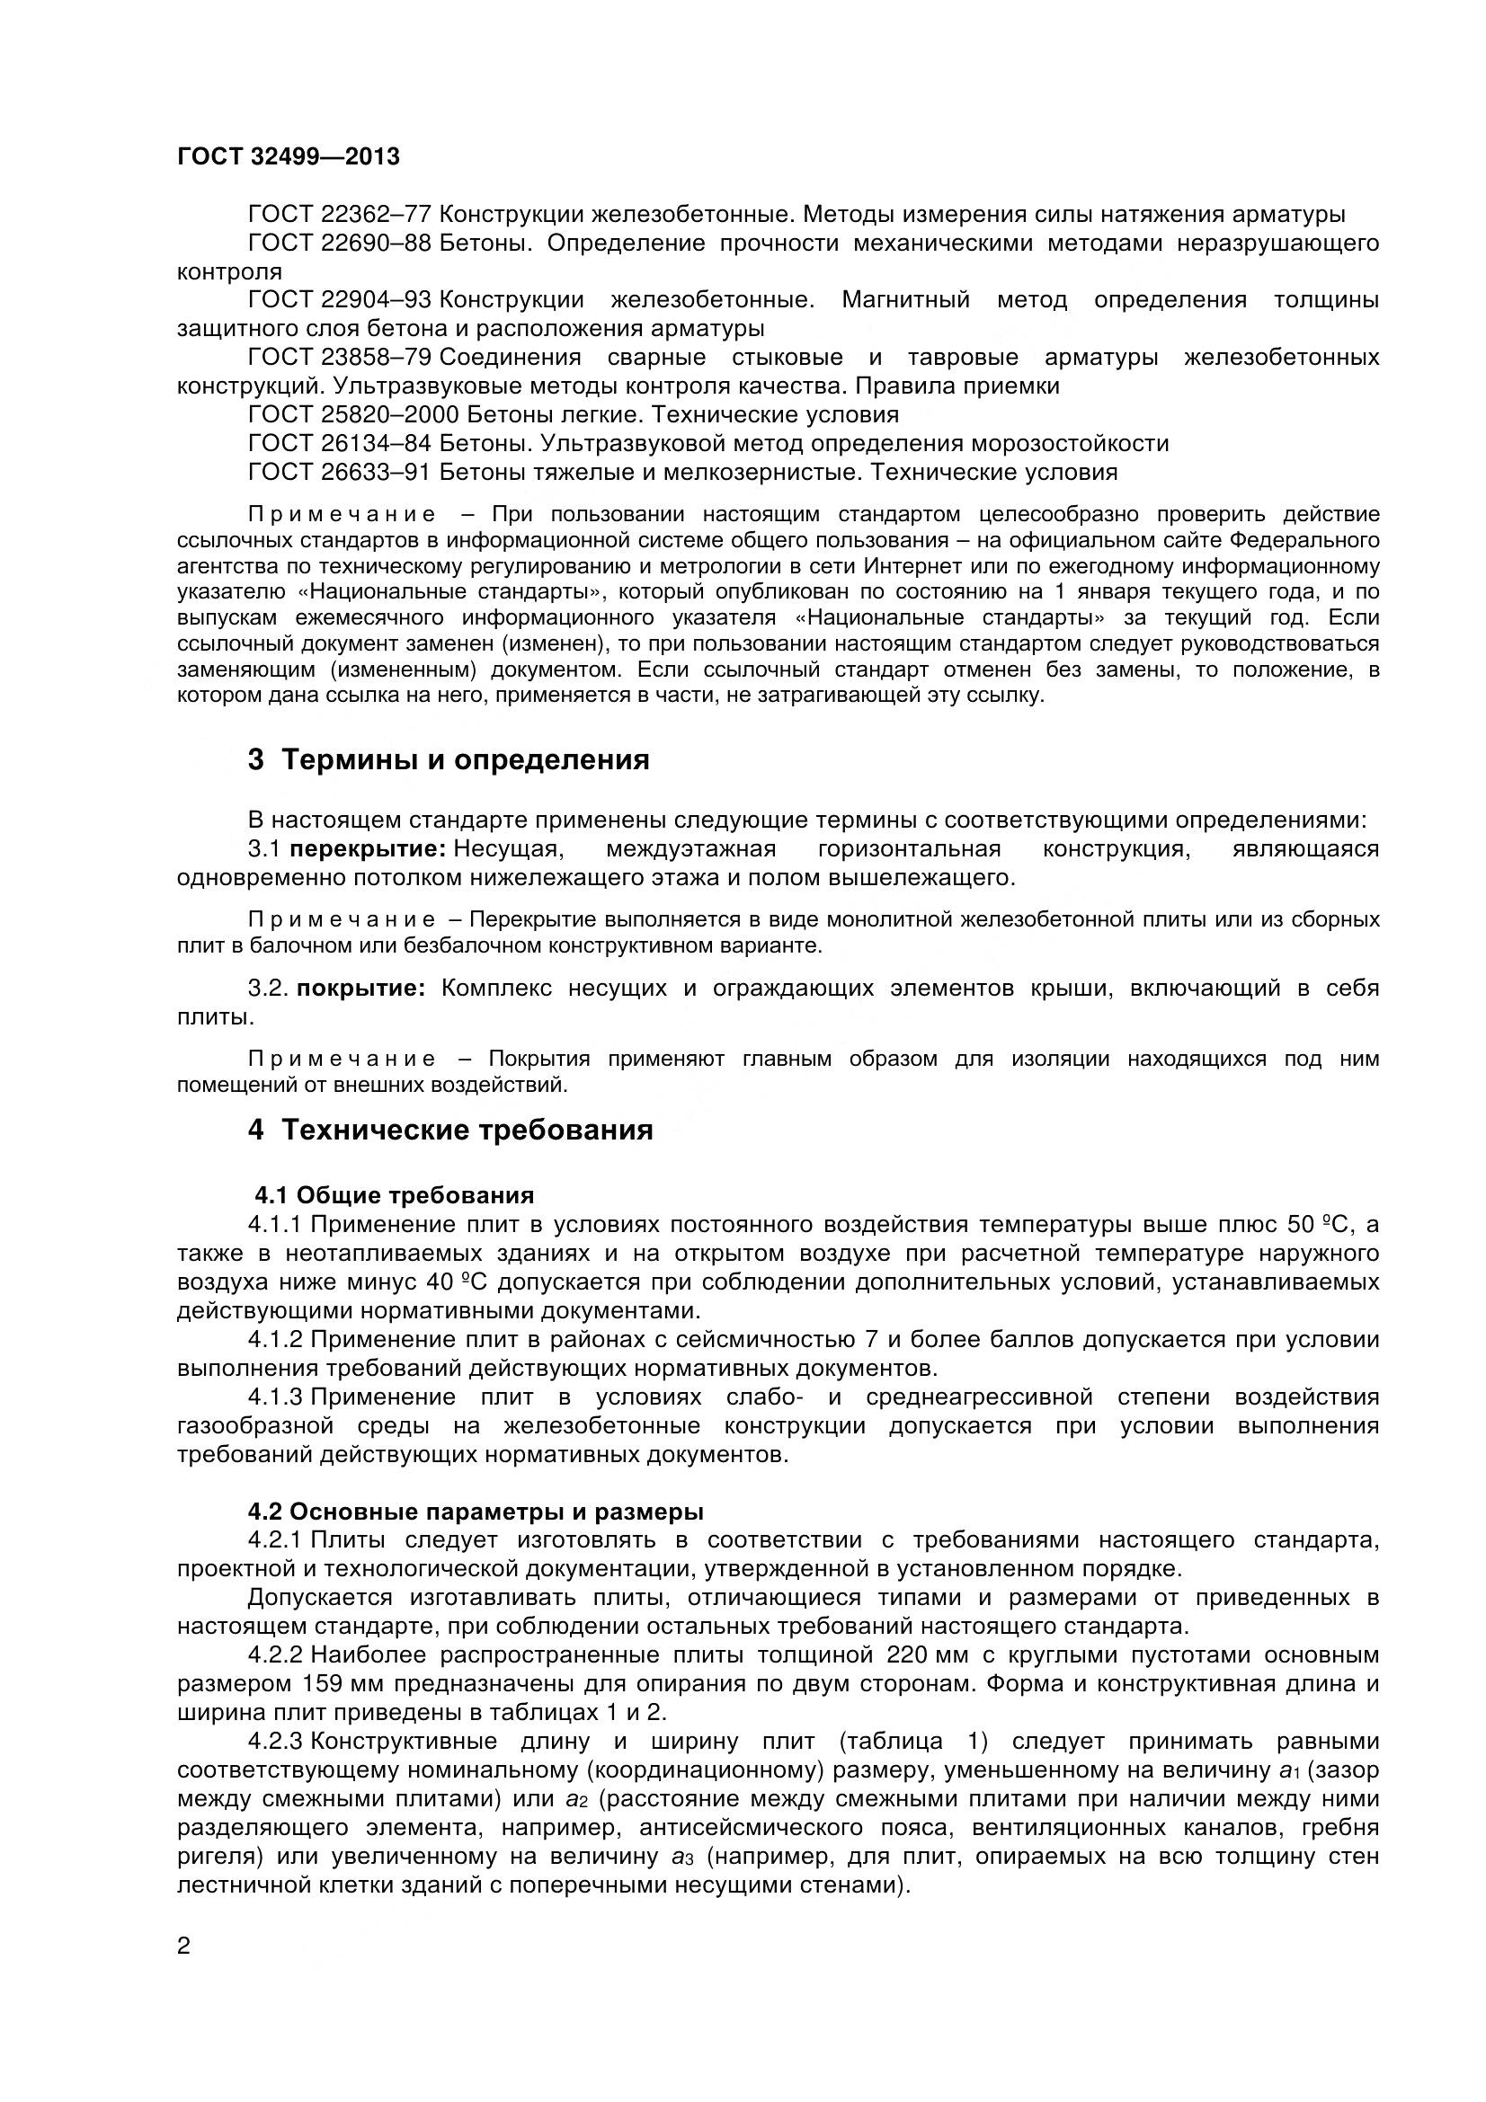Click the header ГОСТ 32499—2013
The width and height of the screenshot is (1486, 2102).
click(x=289, y=157)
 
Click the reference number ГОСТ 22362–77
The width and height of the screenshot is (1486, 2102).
click(x=340, y=215)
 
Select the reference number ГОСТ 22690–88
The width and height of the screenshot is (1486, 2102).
click(x=340, y=244)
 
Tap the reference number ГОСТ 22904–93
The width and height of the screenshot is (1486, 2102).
click(x=340, y=300)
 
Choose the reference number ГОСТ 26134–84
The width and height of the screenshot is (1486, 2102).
click(x=340, y=444)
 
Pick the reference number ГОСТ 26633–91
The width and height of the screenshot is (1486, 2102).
click(x=340, y=473)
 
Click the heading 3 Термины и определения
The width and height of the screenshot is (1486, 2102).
click(x=449, y=760)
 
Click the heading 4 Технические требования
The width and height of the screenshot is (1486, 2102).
click(x=450, y=1131)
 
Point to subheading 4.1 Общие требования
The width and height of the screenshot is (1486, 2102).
click(x=394, y=1195)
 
